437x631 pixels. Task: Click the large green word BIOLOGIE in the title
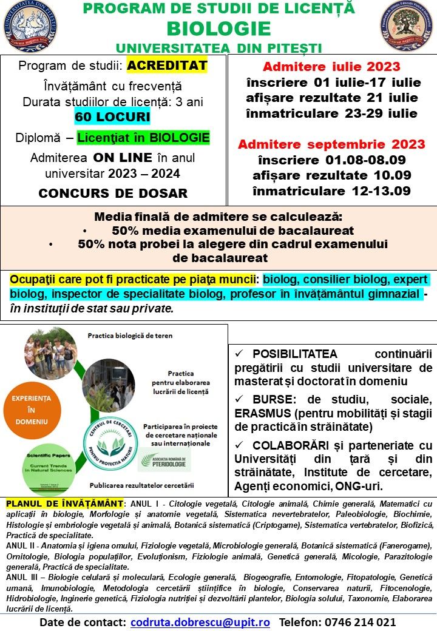pyautogui.click(x=218, y=29)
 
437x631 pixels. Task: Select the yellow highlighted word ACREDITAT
pyautogui.click(x=168, y=66)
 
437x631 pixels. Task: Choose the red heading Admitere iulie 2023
pyautogui.click(x=331, y=67)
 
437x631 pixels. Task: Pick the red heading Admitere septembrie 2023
pyautogui.click(x=331, y=144)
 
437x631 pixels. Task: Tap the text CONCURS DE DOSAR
pyautogui.click(x=113, y=194)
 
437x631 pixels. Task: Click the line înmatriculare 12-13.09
pyautogui.click(x=332, y=191)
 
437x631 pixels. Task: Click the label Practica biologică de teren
pyautogui.click(x=126, y=336)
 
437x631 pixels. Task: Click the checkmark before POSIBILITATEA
pyautogui.click(x=239, y=354)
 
